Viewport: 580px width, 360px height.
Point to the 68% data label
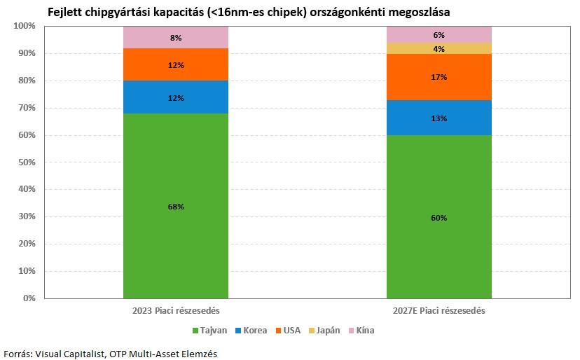[176, 207]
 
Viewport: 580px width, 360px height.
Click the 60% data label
[439, 218]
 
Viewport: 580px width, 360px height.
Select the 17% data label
[439, 77]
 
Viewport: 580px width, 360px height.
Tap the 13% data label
[439, 118]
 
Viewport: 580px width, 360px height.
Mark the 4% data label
[439, 48]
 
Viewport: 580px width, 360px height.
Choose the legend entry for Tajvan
[208, 331]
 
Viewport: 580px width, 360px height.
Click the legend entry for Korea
[250, 331]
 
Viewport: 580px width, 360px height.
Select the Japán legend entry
[329, 331]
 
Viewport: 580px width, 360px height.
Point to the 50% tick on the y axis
[26, 162]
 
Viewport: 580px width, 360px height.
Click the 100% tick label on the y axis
[24, 26]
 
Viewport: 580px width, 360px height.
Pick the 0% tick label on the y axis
[29, 298]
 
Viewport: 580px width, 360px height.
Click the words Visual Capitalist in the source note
[70, 354]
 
